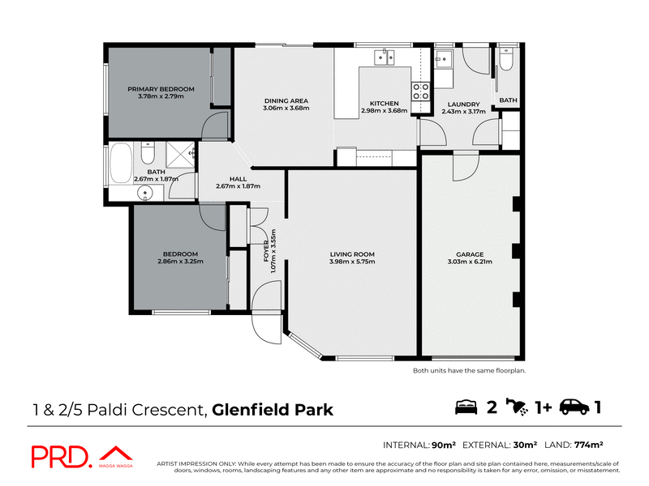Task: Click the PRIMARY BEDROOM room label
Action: coord(161,89)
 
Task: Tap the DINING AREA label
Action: coord(286,100)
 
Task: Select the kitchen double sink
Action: coord(385,58)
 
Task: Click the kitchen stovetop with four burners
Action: coord(420,91)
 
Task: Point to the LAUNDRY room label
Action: coord(463,104)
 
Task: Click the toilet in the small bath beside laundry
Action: coord(506,59)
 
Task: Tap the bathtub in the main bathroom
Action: coord(121,163)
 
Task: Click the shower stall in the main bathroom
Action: coord(180,155)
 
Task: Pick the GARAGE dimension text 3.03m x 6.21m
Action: coord(470,262)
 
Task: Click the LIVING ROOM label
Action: coord(352,254)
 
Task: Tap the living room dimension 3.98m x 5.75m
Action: coord(352,262)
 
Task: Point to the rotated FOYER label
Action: coord(266,251)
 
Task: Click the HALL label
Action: coord(238,179)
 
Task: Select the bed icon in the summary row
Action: coord(466,407)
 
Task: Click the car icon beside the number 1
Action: coord(574,407)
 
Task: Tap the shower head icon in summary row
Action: coord(517,407)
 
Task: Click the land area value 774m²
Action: coord(588,445)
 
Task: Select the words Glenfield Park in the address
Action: coord(273,410)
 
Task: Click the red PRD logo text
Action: coord(62,457)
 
